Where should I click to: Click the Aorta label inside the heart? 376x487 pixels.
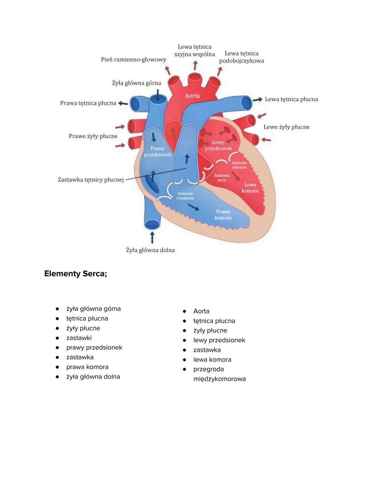click(192, 96)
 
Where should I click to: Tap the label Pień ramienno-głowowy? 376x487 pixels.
click(133, 60)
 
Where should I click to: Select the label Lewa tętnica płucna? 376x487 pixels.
click(291, 99)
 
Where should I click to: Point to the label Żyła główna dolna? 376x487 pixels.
click(150, 250)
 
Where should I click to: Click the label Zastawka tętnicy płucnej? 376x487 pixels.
click(91, 180)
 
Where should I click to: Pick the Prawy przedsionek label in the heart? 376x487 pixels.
click(157, 151)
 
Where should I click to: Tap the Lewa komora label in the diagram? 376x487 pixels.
click(250, 188)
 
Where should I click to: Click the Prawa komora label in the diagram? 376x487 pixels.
click(223, 214)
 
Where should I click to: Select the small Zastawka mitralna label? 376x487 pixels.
click(239, 165)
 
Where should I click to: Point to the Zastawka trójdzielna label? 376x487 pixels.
click(185, 196)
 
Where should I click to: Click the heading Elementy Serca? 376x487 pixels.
click(76, 274)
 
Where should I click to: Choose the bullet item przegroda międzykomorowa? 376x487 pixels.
click(219, 374)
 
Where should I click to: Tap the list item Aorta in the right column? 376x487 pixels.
click(201, 311)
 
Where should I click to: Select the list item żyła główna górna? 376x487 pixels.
click(93, 309)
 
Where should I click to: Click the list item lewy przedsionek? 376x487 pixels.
click(219, 340)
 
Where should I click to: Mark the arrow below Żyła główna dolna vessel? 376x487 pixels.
click(152, 238)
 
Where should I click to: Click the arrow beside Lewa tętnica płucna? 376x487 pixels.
click(258, 100)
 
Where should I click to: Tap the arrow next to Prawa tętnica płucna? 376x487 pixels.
click(123, 103)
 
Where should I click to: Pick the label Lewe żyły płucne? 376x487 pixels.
click(286, 127)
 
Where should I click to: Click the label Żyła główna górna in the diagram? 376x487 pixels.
click(136, 83)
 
